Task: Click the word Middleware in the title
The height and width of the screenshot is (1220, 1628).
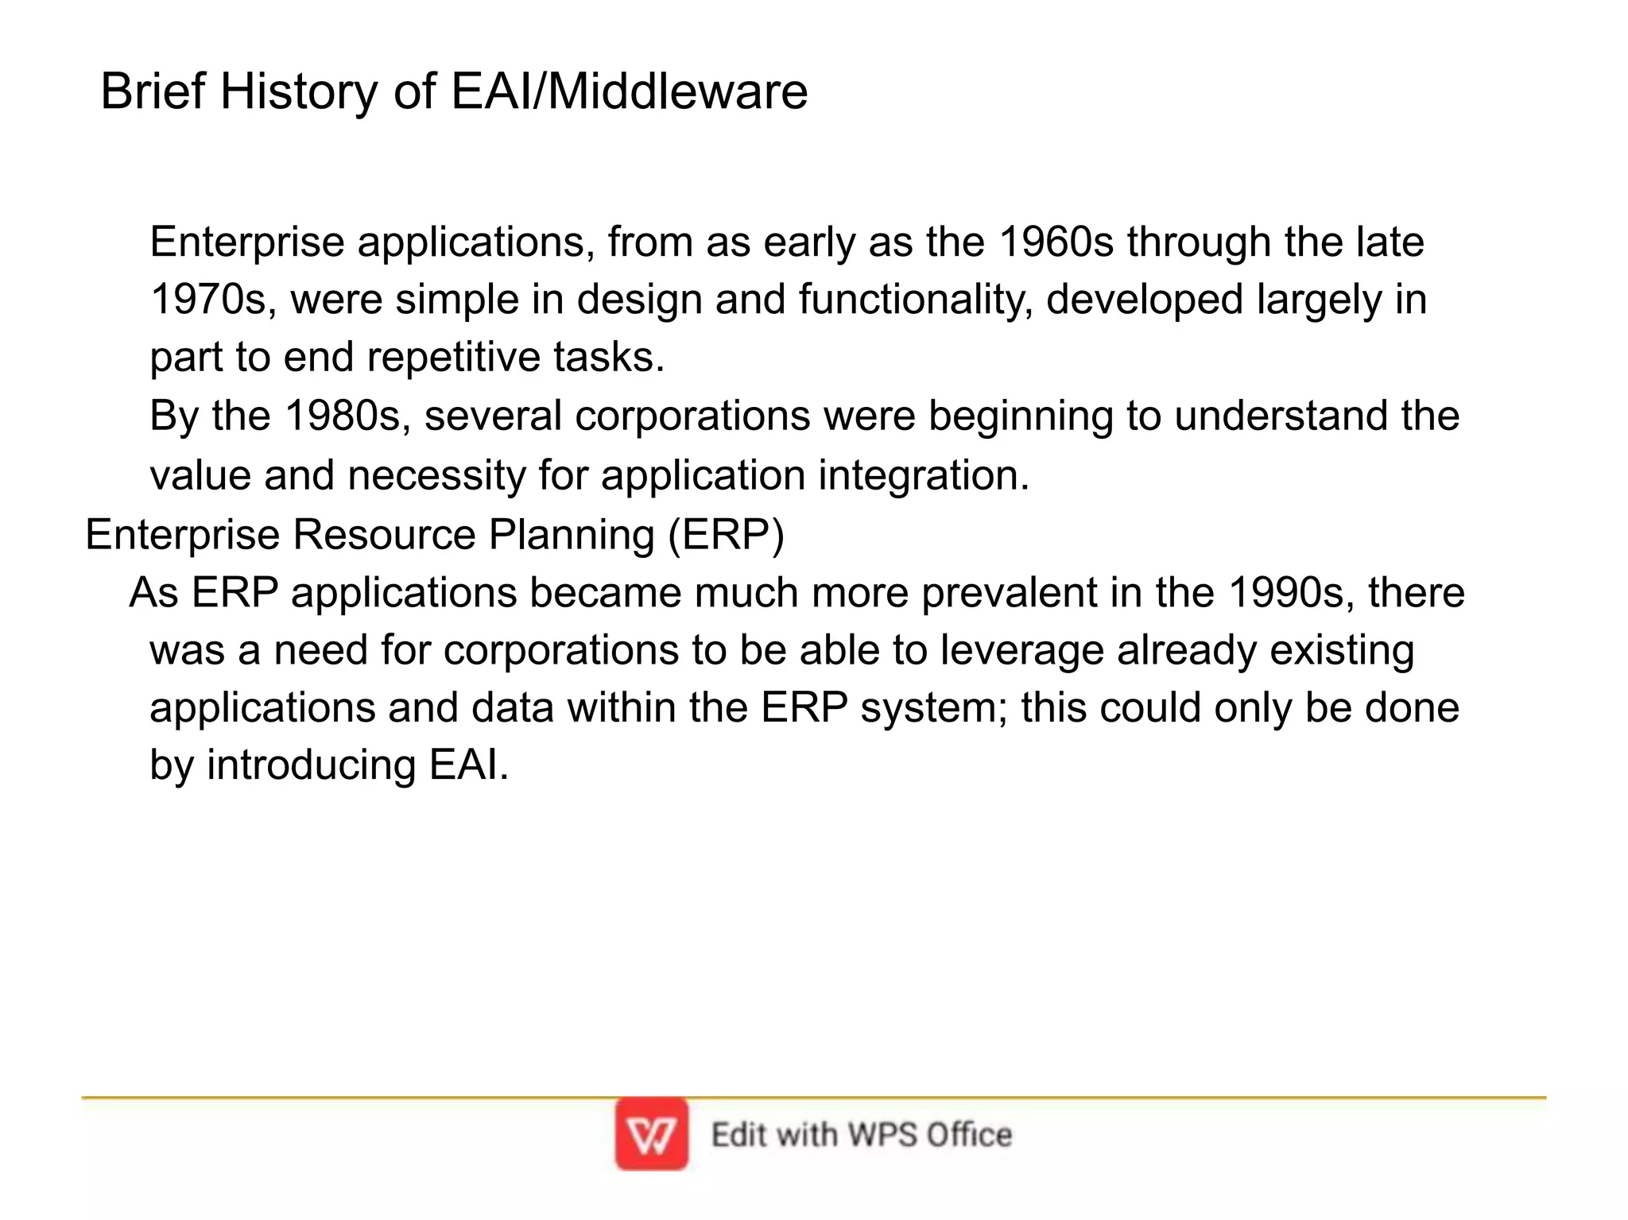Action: (677, 91)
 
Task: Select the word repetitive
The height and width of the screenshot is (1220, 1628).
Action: (453, 357)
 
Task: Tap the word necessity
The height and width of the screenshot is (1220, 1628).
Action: (436, 475)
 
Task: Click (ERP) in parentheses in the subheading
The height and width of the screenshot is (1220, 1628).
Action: (726, 534)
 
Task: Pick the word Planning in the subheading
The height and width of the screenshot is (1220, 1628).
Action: (571, 534)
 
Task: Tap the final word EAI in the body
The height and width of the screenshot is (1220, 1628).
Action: (467, 765)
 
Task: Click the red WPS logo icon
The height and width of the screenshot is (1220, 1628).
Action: (651, 1134)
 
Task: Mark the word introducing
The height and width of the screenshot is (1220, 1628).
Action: (311, 765)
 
